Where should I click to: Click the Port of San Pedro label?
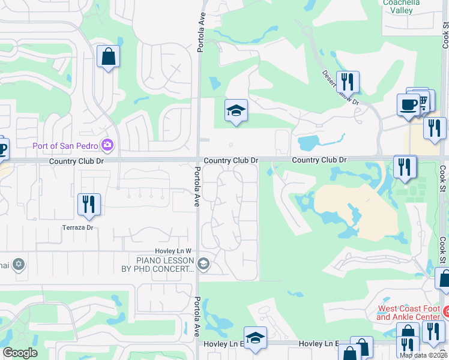pos(67,144)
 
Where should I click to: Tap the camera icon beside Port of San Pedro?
pos(107,144)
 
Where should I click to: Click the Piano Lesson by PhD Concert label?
pos(165,265)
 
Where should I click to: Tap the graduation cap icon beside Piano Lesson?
pos(203,263)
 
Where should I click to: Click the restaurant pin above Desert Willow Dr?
pos(348,82)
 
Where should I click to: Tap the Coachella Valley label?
pos(402,6)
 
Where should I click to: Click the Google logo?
pos(20,353)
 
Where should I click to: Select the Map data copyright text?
pos(424,355)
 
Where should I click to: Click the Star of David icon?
pos(19,264)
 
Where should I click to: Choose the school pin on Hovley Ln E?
pos(255,338)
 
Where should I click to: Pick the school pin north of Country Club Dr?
pos(237,110)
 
